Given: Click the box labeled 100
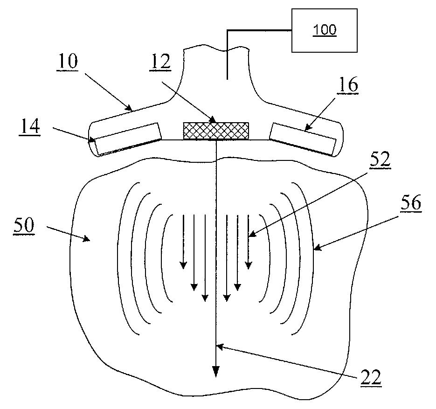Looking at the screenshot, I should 325,30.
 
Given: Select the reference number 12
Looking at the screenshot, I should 160,62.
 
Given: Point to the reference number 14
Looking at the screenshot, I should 30,127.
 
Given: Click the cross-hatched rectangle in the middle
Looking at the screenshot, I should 216,131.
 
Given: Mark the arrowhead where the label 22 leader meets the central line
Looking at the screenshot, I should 219,347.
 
